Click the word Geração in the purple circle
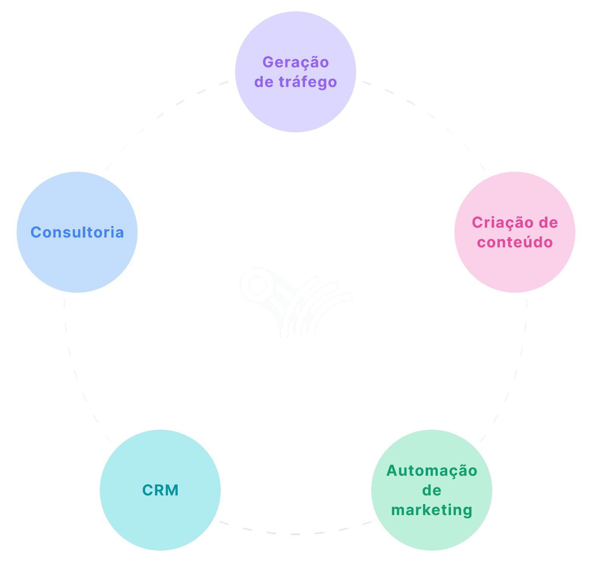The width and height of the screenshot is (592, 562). tap(296, 62)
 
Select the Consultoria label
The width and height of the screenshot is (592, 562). tap(77, 232)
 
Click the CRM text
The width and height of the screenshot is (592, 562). tap(160, 490)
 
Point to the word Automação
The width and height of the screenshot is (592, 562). tap(432, 471)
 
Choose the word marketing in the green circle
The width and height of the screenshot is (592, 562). tap(432, 510)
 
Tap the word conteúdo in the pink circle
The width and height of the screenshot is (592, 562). tap(515, 242)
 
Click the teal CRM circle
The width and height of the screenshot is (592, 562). tap(160, 522)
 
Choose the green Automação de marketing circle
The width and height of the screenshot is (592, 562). tap(432, 533)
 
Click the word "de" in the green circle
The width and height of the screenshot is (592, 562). tap(432, 491)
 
